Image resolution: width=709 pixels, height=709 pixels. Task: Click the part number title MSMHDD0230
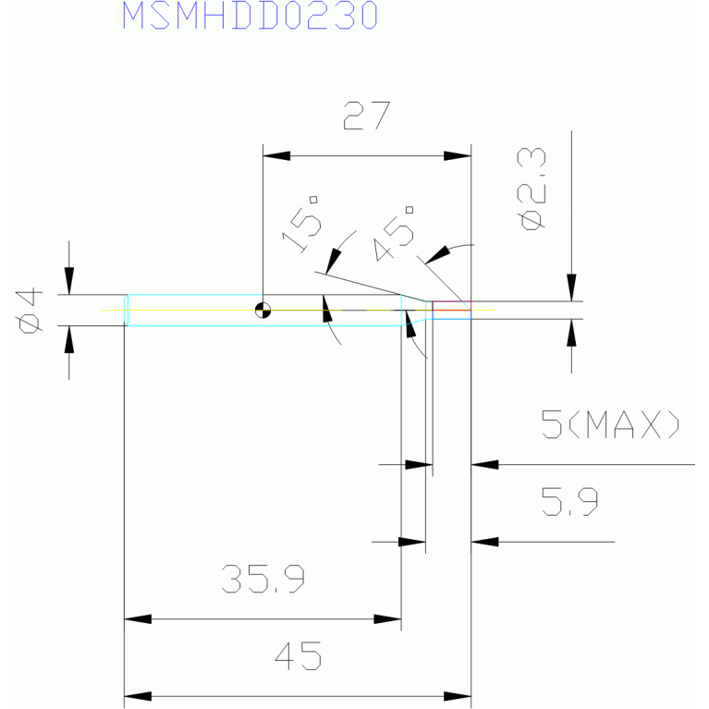pos(251,15)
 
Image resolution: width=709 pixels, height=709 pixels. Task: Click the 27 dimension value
pos(367,116)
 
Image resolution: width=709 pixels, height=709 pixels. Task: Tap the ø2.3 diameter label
pos(531,189)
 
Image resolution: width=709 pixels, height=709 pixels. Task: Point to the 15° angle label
pos(301,224)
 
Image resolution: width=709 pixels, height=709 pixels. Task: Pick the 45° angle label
pos(394,233)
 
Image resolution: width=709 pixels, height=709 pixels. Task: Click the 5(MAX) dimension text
pos(610,424)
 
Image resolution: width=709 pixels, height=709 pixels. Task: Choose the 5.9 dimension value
pos(569,501)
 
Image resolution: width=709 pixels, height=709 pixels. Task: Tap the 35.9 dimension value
pos(263,579)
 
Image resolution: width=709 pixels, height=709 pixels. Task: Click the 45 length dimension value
pos(299,655)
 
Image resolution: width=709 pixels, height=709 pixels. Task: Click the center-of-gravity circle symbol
pos(263,311)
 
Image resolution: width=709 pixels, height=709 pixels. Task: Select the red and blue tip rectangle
pos(452,311)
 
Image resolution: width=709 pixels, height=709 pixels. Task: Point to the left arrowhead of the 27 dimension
pos(276,156)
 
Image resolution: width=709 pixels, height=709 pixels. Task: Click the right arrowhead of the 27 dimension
pos(458,156)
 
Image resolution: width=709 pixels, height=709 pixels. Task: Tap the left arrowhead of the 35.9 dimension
pos(138,619)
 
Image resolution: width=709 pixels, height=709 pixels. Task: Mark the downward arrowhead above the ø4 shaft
pos(68,281)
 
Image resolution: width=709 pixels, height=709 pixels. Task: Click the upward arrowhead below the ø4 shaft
pos(68,339)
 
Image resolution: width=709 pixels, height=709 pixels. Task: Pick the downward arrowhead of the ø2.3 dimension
pos(571,287)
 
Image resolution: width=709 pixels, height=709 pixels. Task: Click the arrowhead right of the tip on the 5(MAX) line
pos(484,464)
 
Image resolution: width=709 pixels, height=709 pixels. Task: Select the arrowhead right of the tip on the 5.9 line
pos(484,542)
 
